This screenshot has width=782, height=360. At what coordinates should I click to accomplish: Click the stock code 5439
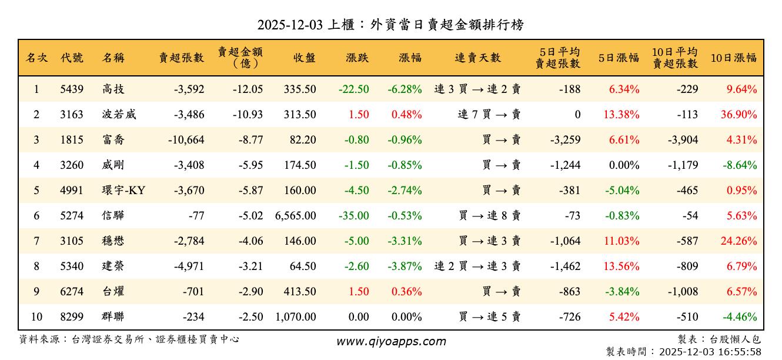click(72, 89)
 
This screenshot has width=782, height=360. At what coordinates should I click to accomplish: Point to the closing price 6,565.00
click(295, 216)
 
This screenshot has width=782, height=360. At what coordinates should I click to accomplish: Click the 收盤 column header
click(304, 58)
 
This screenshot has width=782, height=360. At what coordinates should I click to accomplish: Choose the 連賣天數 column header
click(477, 58)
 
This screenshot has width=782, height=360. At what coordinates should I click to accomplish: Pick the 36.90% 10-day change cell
click(738, 115)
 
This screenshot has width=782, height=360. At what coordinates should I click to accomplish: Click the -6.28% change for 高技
click(405, 89)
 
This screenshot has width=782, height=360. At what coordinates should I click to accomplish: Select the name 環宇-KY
click(123, 191)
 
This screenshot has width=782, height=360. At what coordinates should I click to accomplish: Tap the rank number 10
click(36, 317)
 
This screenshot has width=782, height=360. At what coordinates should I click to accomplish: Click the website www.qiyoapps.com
click(391, 341)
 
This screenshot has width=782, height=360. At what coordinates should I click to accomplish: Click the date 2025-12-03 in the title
click(291, 25)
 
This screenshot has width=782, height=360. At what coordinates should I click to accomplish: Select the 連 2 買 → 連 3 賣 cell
click(477, 266)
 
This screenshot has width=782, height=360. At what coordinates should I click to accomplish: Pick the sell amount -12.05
click(247, 89)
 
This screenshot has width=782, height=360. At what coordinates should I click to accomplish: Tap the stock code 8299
click(72, 317)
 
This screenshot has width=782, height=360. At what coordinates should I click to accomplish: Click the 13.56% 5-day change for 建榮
click(621, 266)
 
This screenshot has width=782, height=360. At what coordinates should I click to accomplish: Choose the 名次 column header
click(36, 58)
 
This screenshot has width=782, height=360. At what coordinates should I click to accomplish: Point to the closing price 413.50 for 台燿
click(299, 292)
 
